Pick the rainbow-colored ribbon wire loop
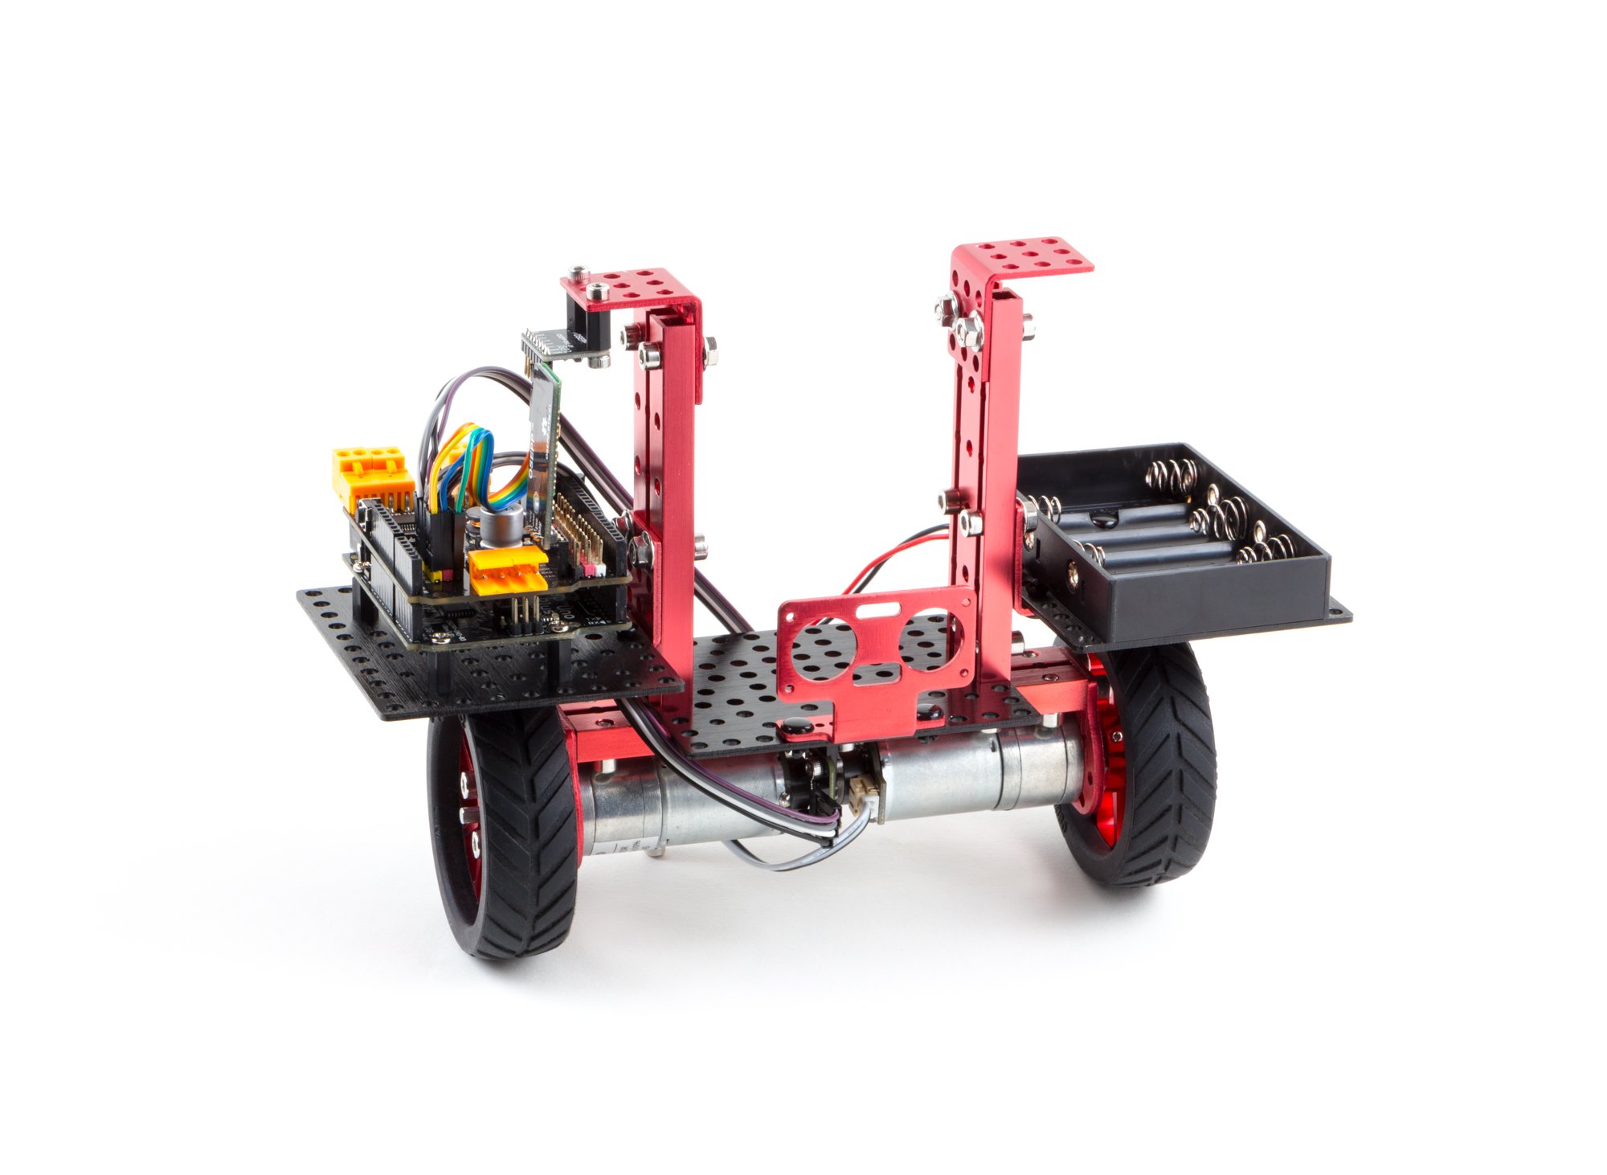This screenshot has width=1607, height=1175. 474,466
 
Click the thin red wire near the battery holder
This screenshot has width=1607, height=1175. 892,555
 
